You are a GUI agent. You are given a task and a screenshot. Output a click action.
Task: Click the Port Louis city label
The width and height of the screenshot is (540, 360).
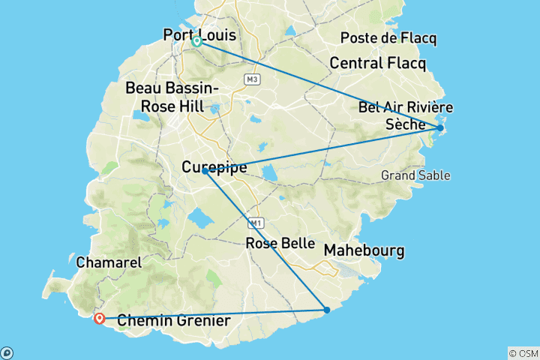pyautogui.click(x=199, y=34)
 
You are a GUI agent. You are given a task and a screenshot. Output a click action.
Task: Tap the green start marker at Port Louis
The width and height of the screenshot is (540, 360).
pyautogui.click(x=196, y=42)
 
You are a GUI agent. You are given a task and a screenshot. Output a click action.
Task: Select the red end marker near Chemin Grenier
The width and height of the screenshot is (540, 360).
pyautogui.click(x=99, y=318)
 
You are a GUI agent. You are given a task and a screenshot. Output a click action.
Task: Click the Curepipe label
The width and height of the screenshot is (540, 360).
pyautogui.click(x=214, y=169)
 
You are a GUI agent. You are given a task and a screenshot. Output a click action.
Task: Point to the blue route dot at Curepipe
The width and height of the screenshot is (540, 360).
pyautogui.click(x=205, y=171)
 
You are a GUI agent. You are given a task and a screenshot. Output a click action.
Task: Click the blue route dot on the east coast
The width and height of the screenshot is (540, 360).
pyautogui.click(x=440, y=128)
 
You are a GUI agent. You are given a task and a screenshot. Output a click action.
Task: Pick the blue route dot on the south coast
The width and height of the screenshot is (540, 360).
pyautogui.click(x=326, y=310)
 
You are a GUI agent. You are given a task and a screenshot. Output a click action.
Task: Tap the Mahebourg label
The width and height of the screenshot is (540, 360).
pyautogui.click(x=364, y=250)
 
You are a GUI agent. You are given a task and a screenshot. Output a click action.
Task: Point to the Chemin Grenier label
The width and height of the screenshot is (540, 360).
pyautogui.click(x=174, y=321)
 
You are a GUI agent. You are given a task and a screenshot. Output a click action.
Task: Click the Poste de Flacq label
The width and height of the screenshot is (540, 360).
pyautogui.click(x=388, y=38)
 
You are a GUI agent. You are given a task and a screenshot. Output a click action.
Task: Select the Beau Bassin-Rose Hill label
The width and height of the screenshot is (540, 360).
pyautogui.click(x=172, y=97)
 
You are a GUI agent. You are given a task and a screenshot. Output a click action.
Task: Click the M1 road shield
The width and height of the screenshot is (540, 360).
pyautogui.click(x=257, y=223)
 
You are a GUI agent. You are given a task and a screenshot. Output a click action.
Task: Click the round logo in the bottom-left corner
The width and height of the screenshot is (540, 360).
pyautogui.click(x=7, y=352)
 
